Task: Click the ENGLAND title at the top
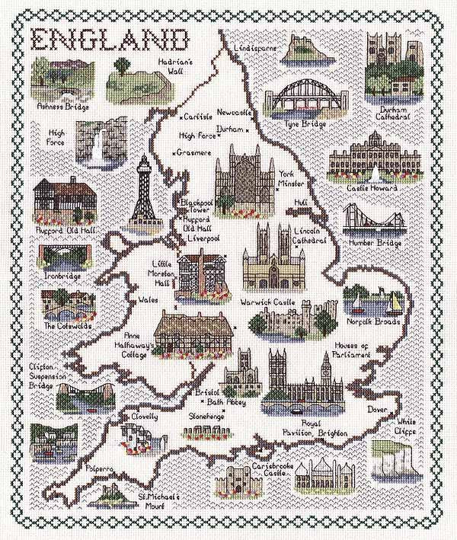[x=110, y=40]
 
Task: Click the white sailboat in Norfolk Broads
[x=394, y=302]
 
